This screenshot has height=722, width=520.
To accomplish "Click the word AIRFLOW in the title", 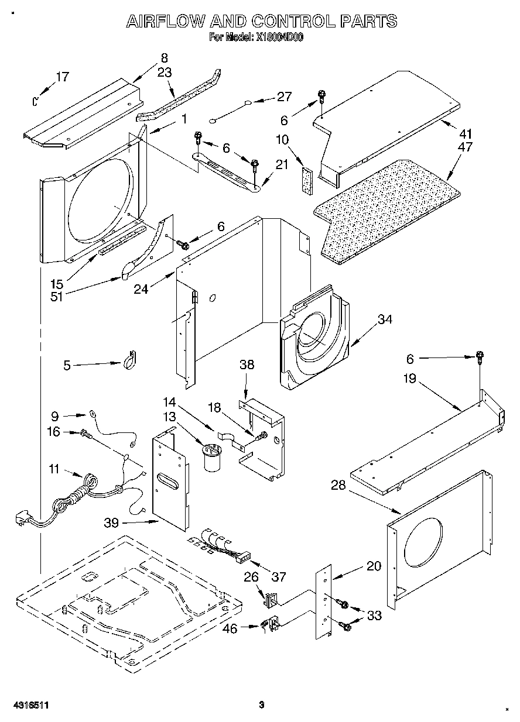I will click(166, 22).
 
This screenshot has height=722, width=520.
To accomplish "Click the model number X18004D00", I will click(279, 37).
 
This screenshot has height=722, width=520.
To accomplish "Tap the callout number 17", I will click(62, 77).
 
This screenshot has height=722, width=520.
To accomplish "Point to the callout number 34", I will click(385, 319).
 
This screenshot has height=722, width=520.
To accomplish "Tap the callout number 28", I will click(338, 485).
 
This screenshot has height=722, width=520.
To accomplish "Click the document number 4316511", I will click(29, 704).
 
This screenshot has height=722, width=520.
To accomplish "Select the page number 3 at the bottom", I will click(262, 704).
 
